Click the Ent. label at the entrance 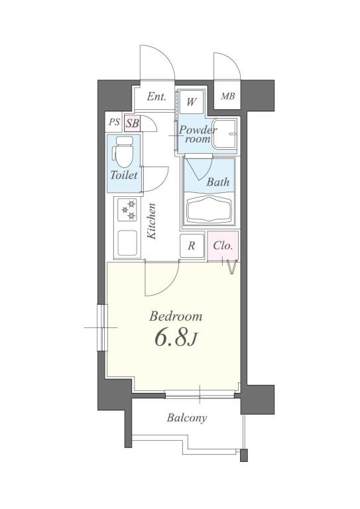pos(156,97)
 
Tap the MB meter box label pos(228,97)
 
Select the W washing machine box pos(192,102)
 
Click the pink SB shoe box pos(132,123)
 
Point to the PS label pos(114,123)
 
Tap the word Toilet pos(124,176)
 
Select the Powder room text pos(198,135)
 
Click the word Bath pos(218,182)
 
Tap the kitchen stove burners pos(127,211)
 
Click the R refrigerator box pos(192,246)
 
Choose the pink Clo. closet pos(223,246)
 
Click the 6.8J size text pos(176,339)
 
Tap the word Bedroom pos(176,315)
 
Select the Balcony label pos(186,418)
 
